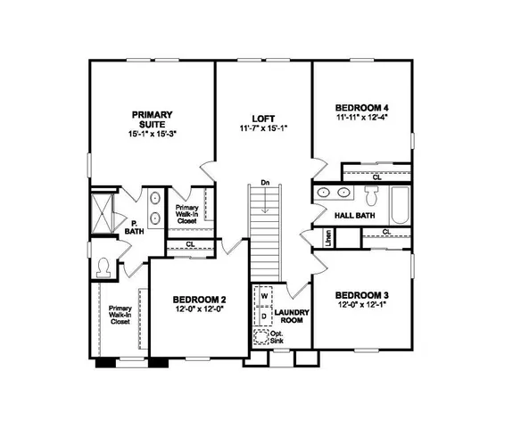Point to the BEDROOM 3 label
(360, 295)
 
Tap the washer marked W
(265, 298)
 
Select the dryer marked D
(265, 316)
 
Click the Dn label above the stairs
(265, 184)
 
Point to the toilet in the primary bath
(104, 266)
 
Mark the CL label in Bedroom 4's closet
(376, 177)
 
